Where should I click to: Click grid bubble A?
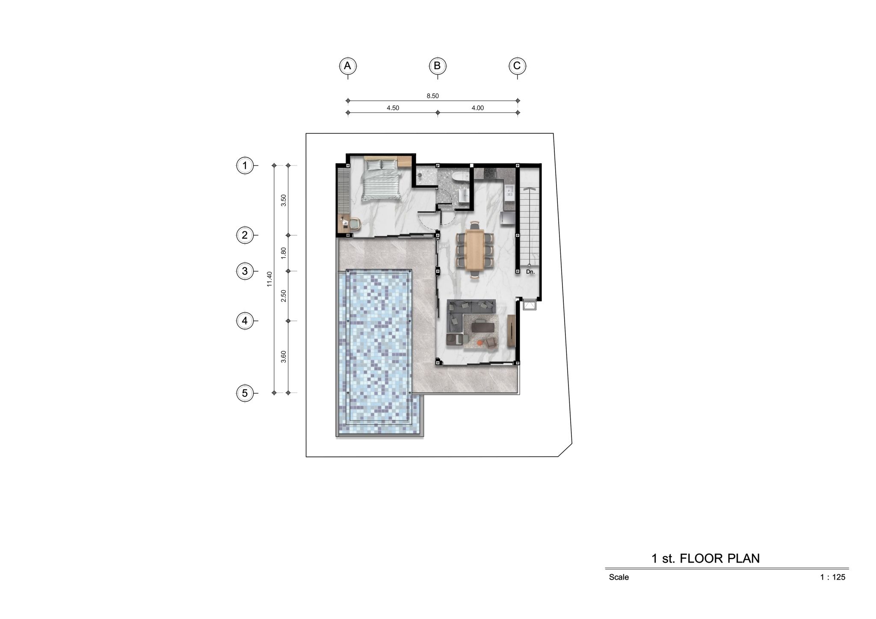point(348,66)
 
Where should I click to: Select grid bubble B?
point(437,66)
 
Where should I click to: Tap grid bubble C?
point(517,66)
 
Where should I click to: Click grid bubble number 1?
point(245,165)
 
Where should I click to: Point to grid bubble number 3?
point(245,271)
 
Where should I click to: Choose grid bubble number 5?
point(245,393)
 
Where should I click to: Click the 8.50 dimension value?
point(432,96)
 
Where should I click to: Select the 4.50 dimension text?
point(393,108)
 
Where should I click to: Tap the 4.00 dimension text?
point(477,108)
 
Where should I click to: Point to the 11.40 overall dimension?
point(269,279)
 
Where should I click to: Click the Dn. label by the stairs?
point(530,271)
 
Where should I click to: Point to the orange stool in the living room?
point(480,342)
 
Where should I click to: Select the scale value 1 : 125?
point(832,577)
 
